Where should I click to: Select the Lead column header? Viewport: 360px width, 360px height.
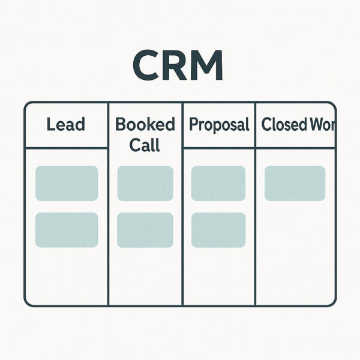click(x=65, y=125)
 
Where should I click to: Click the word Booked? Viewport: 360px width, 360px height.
click(x=145, y=125)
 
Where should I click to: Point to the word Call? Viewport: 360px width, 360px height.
click(x=145, y=145)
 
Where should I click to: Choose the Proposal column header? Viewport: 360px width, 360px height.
click(x=219, y=125)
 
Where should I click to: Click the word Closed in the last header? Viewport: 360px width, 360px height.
click(x=284, y=125)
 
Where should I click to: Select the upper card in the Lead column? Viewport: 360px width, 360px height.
click(x=67, y=183)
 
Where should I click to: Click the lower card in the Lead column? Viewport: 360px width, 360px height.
click(x=67, y=230)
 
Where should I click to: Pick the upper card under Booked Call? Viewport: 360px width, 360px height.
click(x=145, y=183)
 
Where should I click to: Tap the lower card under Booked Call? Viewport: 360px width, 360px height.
click(x=145, y=230)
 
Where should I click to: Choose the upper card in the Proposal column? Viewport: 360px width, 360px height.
click(x=218, y=183)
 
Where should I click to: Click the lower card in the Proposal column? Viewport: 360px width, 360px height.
click(x=218, y=230)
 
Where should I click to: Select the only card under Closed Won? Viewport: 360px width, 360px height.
click(x=295, y=183)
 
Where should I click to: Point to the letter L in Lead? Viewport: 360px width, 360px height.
click(x=50, y=125)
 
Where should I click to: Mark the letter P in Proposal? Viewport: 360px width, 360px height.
click(x=194, y=125)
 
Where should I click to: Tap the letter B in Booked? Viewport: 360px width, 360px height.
click(x=119, y=125)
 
